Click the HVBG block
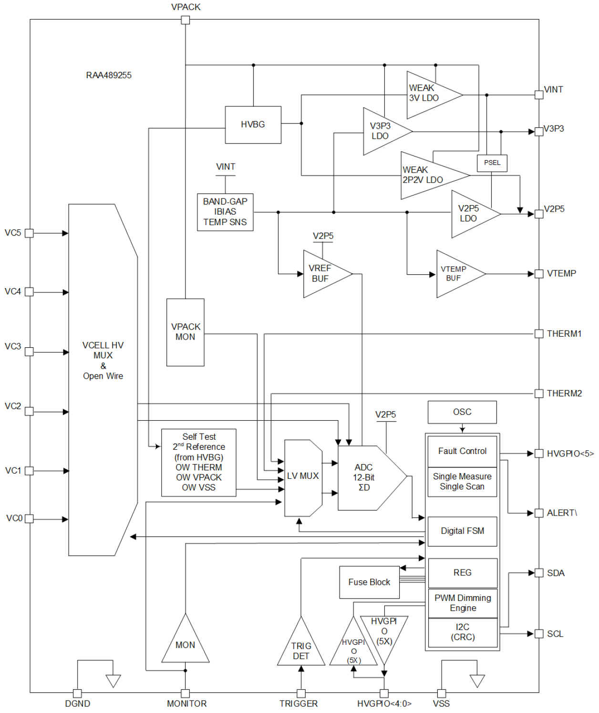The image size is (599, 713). pyautogui.click(x=253, y=124)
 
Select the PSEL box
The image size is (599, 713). pyautogui.click(x=492, y=163)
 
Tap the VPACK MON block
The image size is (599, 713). pyautogui.click(x=185, y=332)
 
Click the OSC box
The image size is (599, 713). pyautogui.click(x=462, y=412)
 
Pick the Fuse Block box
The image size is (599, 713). pyautogui.click(x=369, y=582)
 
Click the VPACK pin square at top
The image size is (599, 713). pyautogui.click(x=186, y=20)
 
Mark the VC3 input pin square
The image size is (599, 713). pyautogui.click(x=29, y=352)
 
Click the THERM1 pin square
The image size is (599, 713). pyautogui.click(x=539, y=334)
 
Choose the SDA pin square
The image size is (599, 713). pyautogui.click(x=539, y=573)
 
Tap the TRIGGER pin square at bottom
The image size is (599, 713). pyautogui.click(x=301, y=693)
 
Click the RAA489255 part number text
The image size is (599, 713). pyautogui.click(x=109, y=75)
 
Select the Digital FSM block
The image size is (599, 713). pyautogui.click(x=462, y=531)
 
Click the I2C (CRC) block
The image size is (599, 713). pyautogui.click(x=463, y=632)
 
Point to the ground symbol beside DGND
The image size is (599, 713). pyautogui.click(x=113, y=681)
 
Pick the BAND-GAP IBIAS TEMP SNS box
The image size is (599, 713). pyautogui.click(x=225, y=212)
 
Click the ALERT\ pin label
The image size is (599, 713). pyautogui.click(x=561, y=513)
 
